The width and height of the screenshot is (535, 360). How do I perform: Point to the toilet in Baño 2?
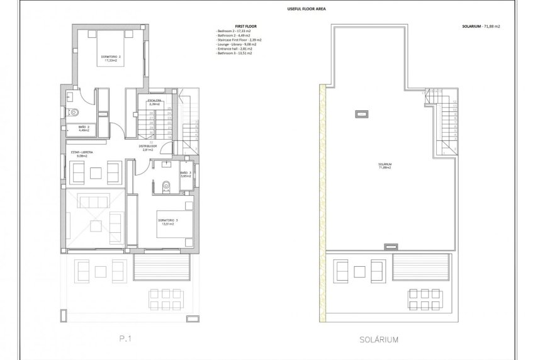(74, 112)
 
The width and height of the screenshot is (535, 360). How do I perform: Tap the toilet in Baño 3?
(166, 185)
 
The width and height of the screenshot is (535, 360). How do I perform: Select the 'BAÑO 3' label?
(185, 174)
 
